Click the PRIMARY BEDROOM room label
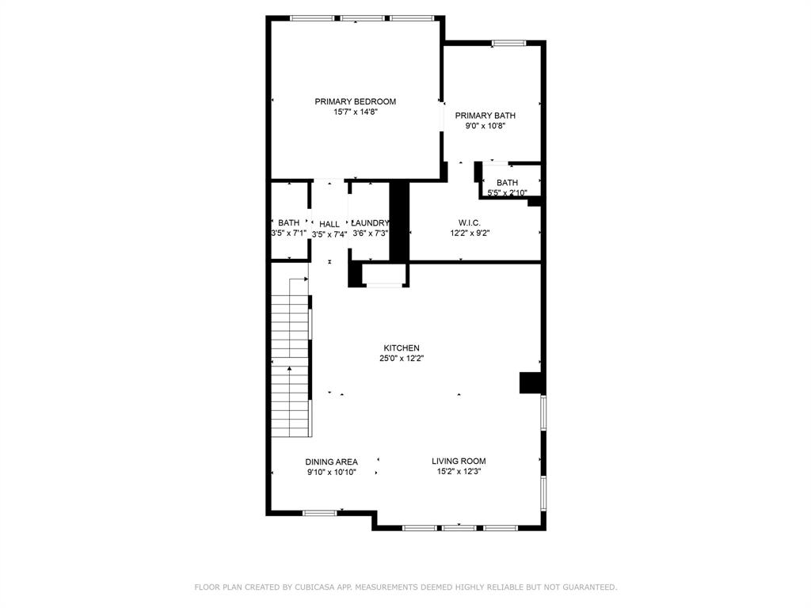tap(355, 101)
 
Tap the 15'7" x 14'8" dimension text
tap(355, 112)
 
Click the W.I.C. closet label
tap(470, 222)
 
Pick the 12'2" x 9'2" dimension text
tap(470, 233)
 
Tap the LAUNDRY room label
tap(370, 223)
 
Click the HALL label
tap(329, 224)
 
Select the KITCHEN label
tap(402, 348)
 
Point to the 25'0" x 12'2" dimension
tap(402, 358)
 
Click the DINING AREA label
tap(331, 462)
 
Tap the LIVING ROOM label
tap(459, 461)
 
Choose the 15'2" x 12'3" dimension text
tap(459, 471)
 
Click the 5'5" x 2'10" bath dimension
tap(507, 192)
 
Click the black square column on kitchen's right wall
tap(530, 382)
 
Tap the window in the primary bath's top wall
tap(508, 43)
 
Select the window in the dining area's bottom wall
tap(320, 513)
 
